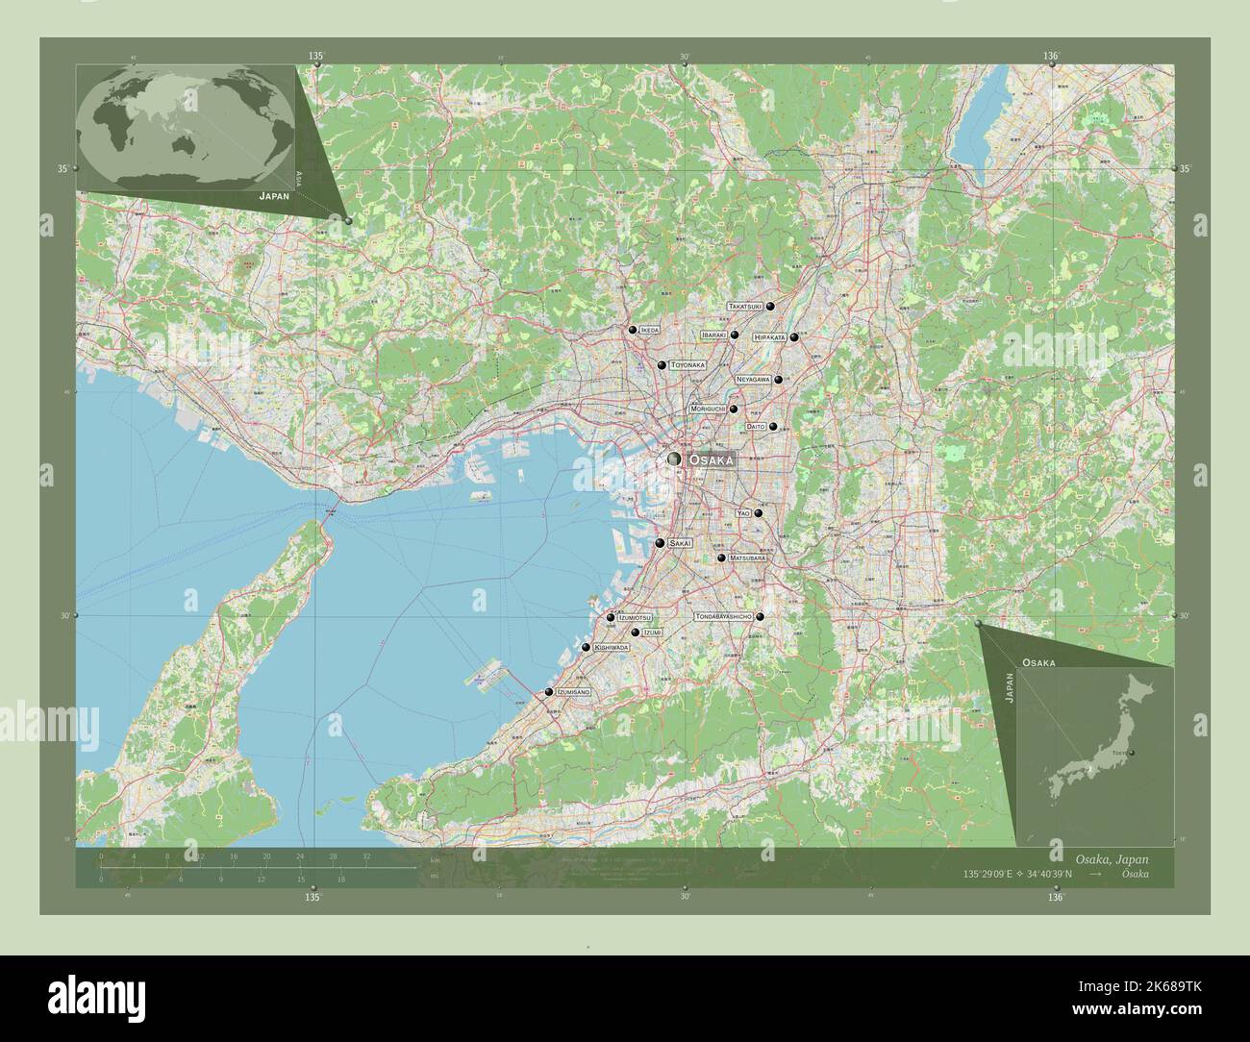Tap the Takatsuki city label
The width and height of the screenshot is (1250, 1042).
[x=745, y=306]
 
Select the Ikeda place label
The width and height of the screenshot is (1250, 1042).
[x=650, y=330]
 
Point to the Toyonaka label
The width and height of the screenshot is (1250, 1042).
[x=687, y=365]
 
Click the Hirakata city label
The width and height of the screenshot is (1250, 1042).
[x=770, y=337]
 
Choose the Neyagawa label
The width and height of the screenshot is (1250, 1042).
[x=754, y=380]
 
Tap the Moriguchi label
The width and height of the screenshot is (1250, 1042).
[x=708, y=409]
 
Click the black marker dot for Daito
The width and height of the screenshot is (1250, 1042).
[x=772, y=426]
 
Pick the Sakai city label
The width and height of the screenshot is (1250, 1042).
[x=680, y=543]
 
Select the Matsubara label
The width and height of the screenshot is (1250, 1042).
[x=747, y=558]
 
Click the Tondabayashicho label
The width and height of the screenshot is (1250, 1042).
[x=723, y=616]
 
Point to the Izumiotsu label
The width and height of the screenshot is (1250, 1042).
[x=635, y=617]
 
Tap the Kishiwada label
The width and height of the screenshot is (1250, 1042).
[x=612, y=648]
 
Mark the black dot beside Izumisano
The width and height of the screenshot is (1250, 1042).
[x=548, y=692]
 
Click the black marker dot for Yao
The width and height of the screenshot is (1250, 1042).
[x=758, y=513]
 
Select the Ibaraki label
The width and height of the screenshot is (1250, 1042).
[x=714, y=335]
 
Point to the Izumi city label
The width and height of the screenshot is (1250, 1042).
[x=653, y=633]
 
